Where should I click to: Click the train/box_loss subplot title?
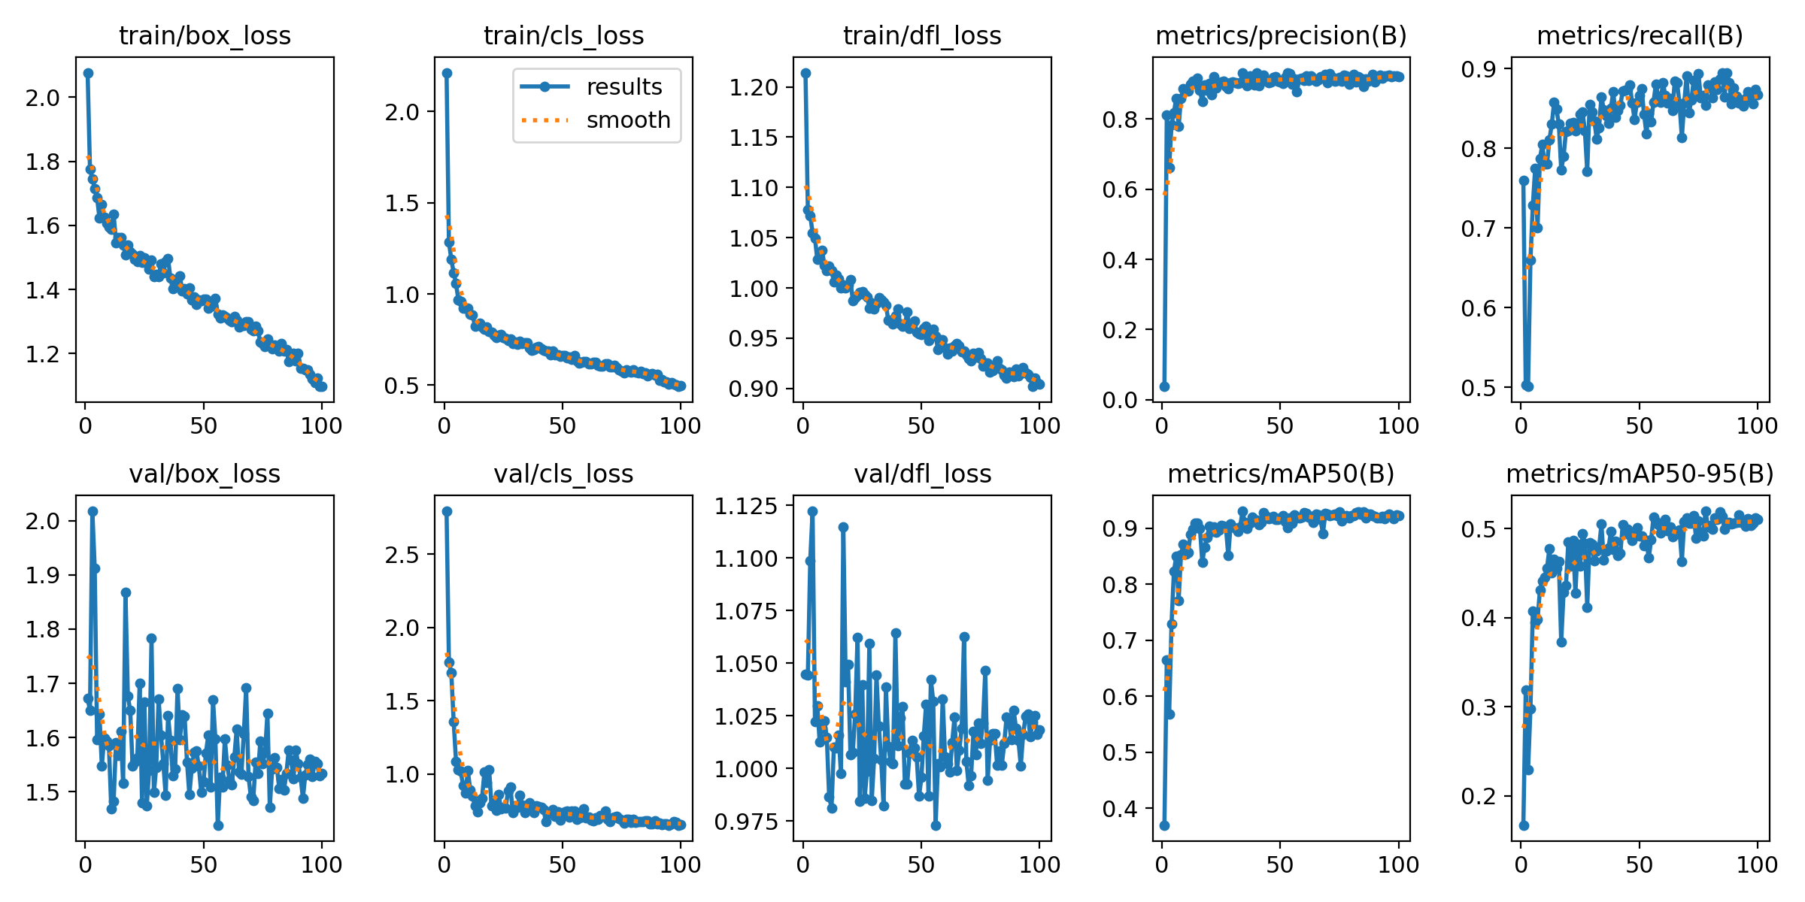(x=205, y=35)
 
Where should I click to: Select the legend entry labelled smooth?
(x=628, y=120)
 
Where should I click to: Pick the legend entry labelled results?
(x=624, y=86)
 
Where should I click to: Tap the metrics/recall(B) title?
(x=1640, y=35)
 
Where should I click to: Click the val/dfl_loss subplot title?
(x=922, y=474)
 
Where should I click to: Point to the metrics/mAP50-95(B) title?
(x=1640, y=474)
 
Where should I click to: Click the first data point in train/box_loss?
(x=88, y=73)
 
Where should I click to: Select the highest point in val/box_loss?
(x=93, y=511)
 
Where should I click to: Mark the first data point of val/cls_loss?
(x=447, y=511)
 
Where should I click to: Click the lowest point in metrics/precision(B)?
(x=1164, y=386)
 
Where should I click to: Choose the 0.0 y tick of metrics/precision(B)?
(x=1119, y=400)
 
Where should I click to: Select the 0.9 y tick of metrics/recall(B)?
(x=1479, y=69)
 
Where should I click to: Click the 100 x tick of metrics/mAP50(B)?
(x=1398, y=864)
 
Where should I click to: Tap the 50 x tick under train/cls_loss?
(x=563, y=426)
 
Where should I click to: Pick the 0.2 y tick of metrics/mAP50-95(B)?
(x=1479, y=796)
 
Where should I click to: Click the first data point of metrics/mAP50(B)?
(x=1164, y=825)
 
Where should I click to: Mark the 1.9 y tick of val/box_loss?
(x=43, y=576)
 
